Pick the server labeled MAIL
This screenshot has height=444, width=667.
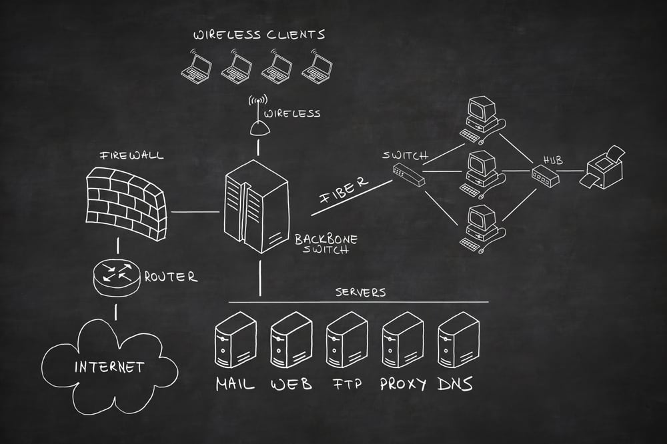(x=235, y=339)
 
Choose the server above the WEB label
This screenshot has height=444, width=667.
(x=291, y=339)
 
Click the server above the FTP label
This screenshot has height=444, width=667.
(x=347, y=339)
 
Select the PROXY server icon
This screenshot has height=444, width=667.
(x=402, y=339)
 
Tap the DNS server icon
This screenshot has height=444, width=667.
(x=458, y=339)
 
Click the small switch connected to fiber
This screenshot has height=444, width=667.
(x=408, y=174)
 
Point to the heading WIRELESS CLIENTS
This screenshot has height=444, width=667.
(x=259, y=34)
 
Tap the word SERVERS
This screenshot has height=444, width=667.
(x=360, y=292)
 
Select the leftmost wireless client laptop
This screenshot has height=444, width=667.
(x=198, y=65)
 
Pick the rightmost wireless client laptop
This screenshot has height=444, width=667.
(x=317, y=65)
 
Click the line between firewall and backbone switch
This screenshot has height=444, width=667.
(x=195, y=212)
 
